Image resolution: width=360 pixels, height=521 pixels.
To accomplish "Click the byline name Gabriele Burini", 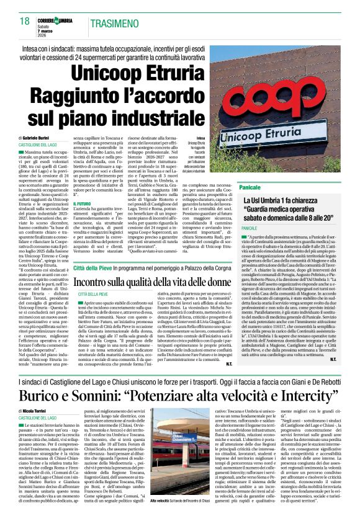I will click(x=42, y=138).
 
